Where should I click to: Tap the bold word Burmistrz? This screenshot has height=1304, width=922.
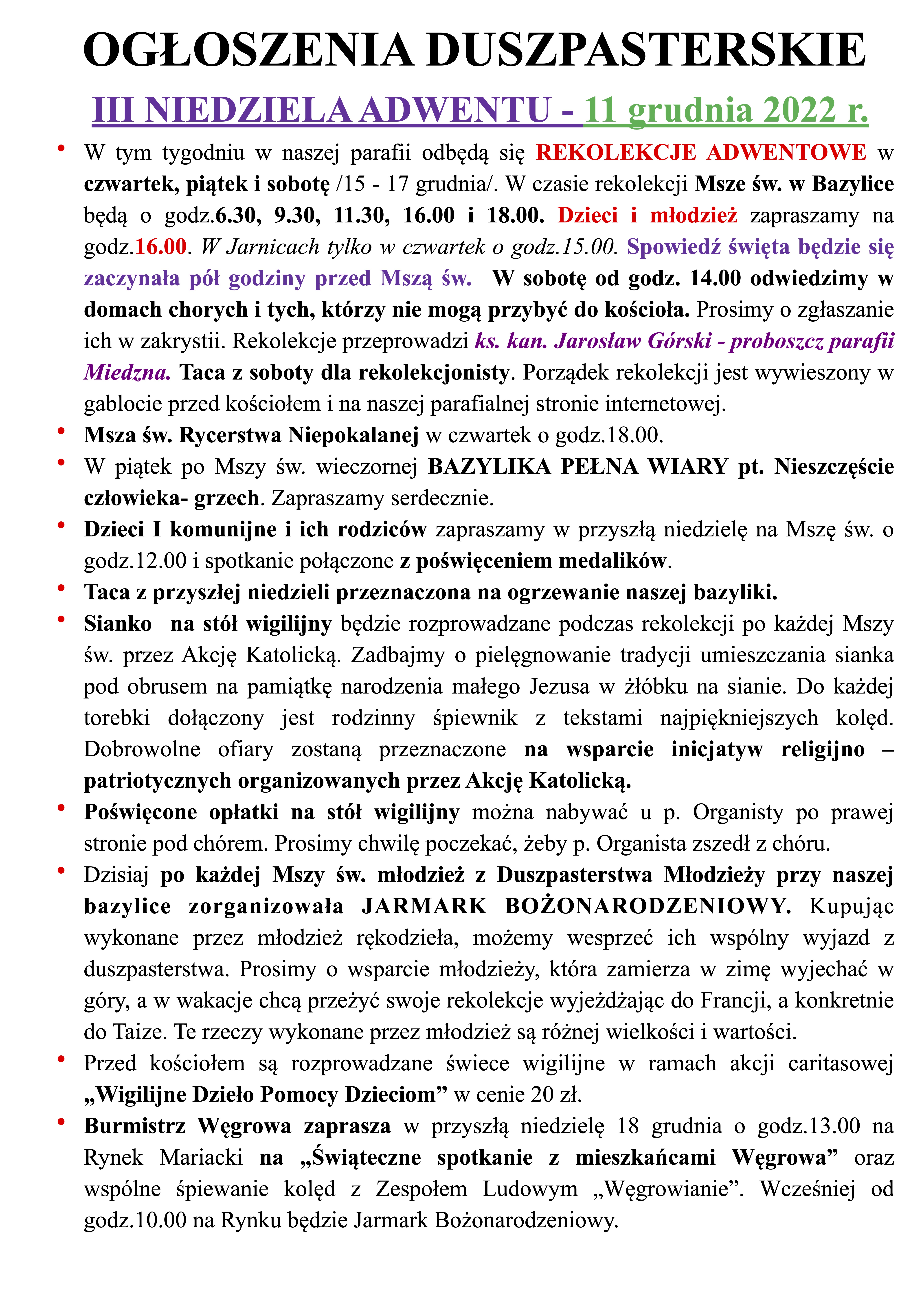135,1126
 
